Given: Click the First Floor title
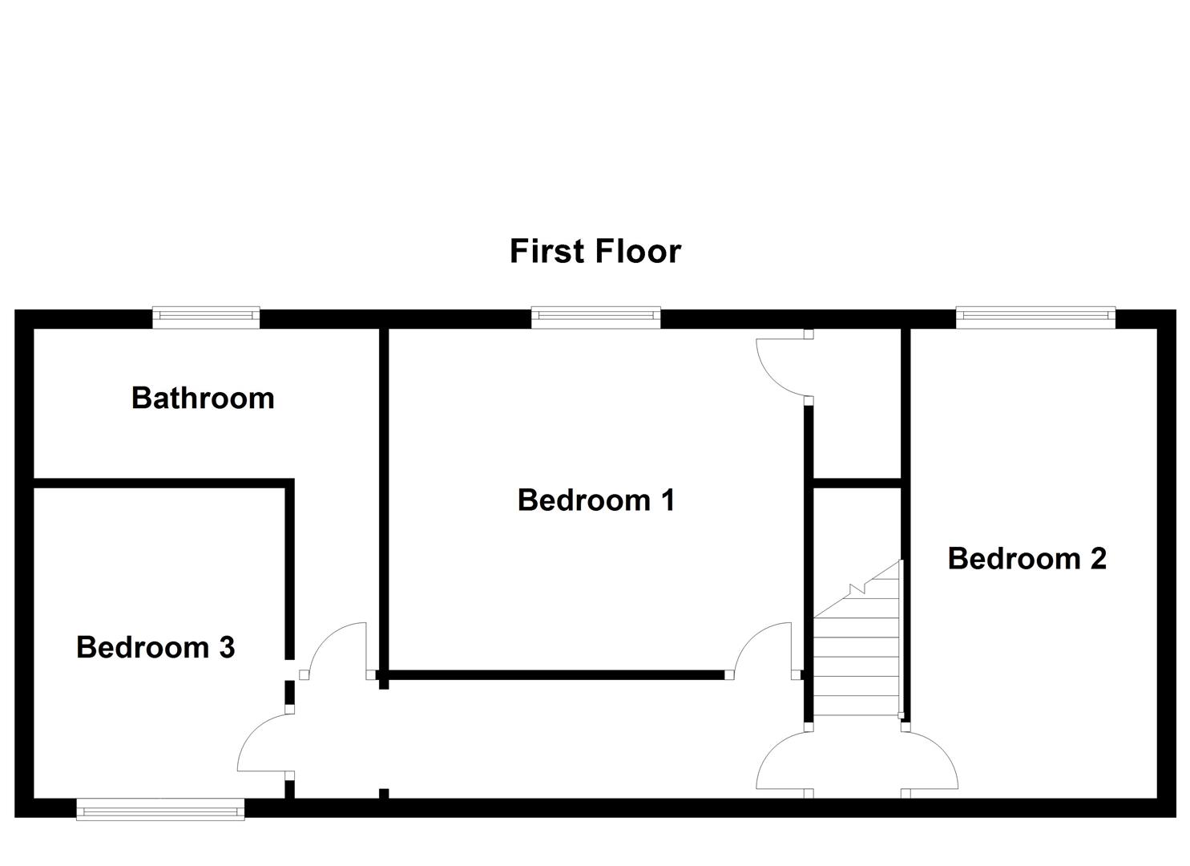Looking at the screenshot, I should click(x=595, y=251).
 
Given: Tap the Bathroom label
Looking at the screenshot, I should click(x=203, y=398).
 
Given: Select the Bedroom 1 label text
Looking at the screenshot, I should click(x=596, y=500).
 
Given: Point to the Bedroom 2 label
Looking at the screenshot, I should click(x=1027, y=558).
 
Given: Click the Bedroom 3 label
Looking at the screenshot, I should click(x=155, y=647).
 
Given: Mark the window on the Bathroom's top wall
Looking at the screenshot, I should click(x=207, y=318).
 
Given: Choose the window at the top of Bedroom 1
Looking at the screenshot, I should click(x=595, y=318).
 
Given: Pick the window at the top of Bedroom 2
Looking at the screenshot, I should click(x=1035, y=318).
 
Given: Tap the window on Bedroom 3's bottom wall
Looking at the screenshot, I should click(x=160, y=809).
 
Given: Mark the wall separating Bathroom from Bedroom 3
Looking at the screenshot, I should click(x=160, y=482).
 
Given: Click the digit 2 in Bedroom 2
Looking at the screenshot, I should click(x=1097, y=558).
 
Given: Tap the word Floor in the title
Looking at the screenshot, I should click(x=639, y=251).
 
